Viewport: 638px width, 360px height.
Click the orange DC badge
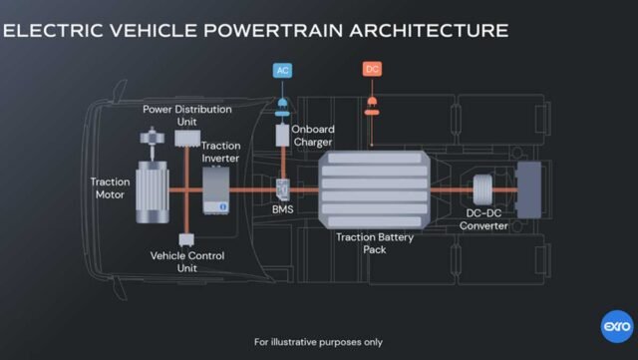coord(372,70)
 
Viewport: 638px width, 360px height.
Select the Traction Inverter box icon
coord(216,188)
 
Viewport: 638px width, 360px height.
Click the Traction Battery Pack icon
coord(375,187)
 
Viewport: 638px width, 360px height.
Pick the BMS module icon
coord(283,187)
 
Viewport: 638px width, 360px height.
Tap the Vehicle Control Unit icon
coord(184,240)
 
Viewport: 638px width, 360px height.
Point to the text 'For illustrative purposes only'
coord(318,342)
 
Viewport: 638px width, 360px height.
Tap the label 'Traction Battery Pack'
coord(375,243)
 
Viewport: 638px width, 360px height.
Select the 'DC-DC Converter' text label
coord(487,219)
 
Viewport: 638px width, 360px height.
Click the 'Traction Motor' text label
coord(110,188)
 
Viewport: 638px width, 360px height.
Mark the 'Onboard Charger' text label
coord(314,135)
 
